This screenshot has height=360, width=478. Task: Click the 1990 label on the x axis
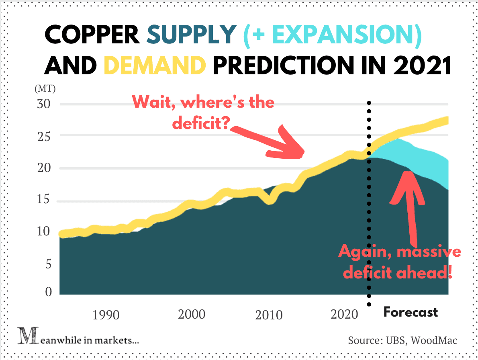click(106, 315)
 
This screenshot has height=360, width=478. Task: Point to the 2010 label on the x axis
click(269, 315)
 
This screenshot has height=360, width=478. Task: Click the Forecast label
click(411, 312)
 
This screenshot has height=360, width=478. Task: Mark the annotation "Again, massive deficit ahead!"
click(399, 262)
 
